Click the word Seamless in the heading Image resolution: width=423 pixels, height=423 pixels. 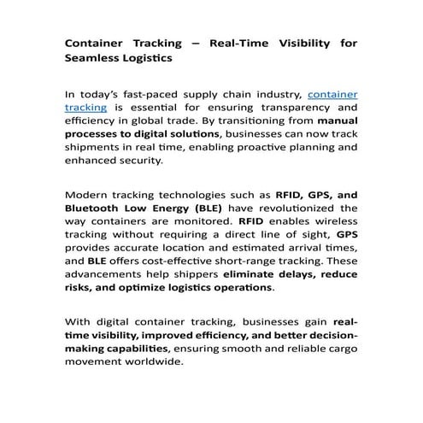(93, 58)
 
